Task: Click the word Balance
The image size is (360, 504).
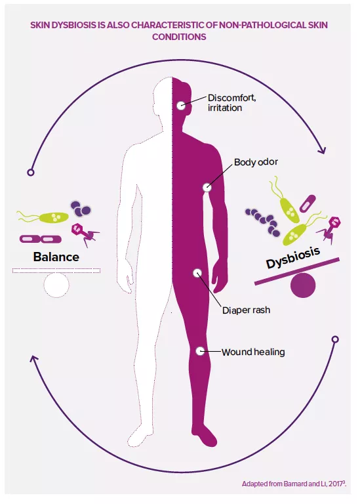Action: (x=56, y=257)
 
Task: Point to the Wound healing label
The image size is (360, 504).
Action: (x=253, y=352)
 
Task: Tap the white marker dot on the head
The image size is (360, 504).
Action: (x=181, y=106)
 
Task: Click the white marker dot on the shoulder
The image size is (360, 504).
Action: (x=207, y=187)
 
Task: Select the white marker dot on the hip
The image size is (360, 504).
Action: (x=195, y=272)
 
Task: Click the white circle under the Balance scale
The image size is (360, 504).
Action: (x=56, y=283)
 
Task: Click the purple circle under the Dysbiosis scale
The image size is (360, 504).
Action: (x=302, y=285)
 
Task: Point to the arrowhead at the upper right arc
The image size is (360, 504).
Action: (x=321, y=151)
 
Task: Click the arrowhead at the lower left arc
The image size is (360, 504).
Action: (x=33, y=359)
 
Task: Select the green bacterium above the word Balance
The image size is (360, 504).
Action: (x=52, y=217)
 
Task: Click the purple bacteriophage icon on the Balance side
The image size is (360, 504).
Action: (x=83, y=230)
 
